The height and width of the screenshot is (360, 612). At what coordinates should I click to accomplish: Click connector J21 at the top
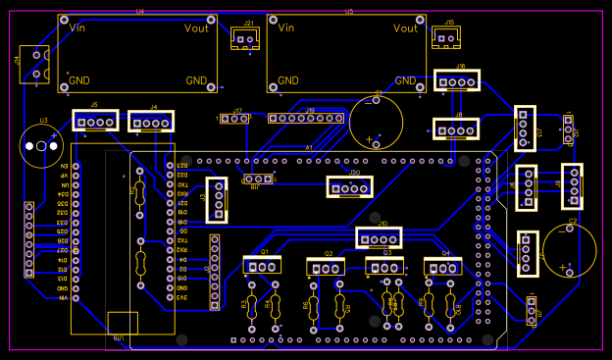pos(244,38)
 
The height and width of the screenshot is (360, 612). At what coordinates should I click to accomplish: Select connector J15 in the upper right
pos(446,37)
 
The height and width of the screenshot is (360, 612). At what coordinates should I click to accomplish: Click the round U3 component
pos(36,146)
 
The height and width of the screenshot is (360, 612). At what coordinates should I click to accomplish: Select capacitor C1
pos(376,122)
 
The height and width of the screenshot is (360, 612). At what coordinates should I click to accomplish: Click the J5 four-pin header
pos(94,121)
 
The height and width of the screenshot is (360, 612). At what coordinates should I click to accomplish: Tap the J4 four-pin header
pos(151,123)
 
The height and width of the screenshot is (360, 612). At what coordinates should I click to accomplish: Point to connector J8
pos(456,129)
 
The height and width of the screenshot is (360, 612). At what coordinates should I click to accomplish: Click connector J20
pos(350,185)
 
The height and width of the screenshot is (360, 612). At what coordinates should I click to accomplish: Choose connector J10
pos(379,236)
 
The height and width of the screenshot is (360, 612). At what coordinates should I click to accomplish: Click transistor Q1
pos(262,265)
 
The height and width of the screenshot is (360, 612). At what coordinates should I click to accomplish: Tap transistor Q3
pos(384,266)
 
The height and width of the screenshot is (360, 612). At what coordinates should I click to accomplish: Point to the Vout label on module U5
pos(405,28)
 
